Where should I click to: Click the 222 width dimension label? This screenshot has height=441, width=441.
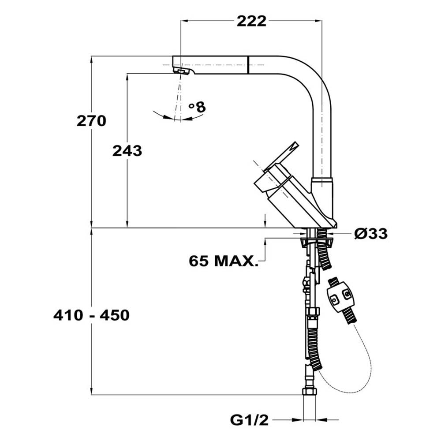coord(251,21)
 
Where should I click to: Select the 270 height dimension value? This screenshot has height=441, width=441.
coord(91,120)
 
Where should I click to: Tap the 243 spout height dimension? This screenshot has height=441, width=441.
coord(127,151)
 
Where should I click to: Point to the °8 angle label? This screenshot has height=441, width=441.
coord(197,106)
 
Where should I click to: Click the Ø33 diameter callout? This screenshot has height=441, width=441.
coord(371,234)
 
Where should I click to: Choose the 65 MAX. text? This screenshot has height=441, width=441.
coord(223,261)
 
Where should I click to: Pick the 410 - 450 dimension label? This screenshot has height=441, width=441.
coord(91,315)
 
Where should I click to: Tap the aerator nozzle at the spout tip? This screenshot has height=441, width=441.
coord(181,71)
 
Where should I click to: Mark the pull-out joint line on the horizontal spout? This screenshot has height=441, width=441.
coord(249,65)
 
